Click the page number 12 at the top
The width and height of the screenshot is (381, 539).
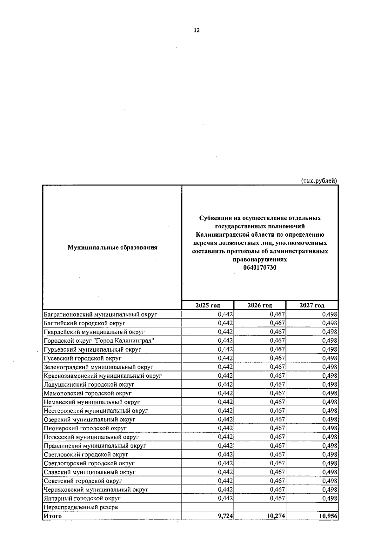[x=197, y=30]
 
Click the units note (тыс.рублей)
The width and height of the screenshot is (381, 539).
[x=319, y=181]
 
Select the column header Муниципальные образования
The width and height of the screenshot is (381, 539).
[x=112, y=247]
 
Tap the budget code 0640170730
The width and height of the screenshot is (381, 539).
[x=260, y=268]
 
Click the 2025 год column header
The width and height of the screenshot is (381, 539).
[x=208, y=306]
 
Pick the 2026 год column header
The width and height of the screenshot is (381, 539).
[x=260, y=306]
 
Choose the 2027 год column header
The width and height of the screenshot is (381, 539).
[x=312, y=306]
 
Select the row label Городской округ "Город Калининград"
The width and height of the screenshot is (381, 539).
[x=99, y=341]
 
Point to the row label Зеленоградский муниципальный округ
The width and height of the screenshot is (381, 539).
[x=98, y=367]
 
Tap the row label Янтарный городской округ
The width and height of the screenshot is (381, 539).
[x=82, y=499]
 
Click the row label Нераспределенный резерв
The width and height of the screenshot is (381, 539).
[x=81, y=507]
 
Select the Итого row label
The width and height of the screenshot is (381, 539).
[x=53, y=516]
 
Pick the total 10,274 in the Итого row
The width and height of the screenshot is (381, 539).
[x=276, y=516]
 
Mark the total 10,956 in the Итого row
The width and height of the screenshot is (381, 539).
[x=328, y=516]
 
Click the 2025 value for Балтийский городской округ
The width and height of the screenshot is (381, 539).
[x=225, y=323]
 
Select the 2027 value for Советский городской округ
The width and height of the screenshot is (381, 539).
[x=330, y=481]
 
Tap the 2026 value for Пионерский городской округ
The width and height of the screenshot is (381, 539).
[x=277, y=428]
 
